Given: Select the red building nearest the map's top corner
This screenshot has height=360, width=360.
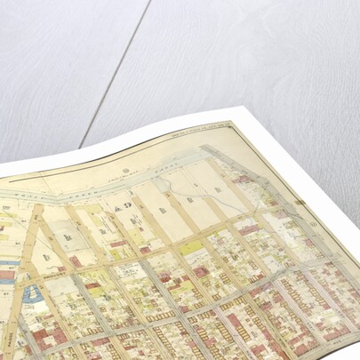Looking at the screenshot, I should (x=241, y=180).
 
